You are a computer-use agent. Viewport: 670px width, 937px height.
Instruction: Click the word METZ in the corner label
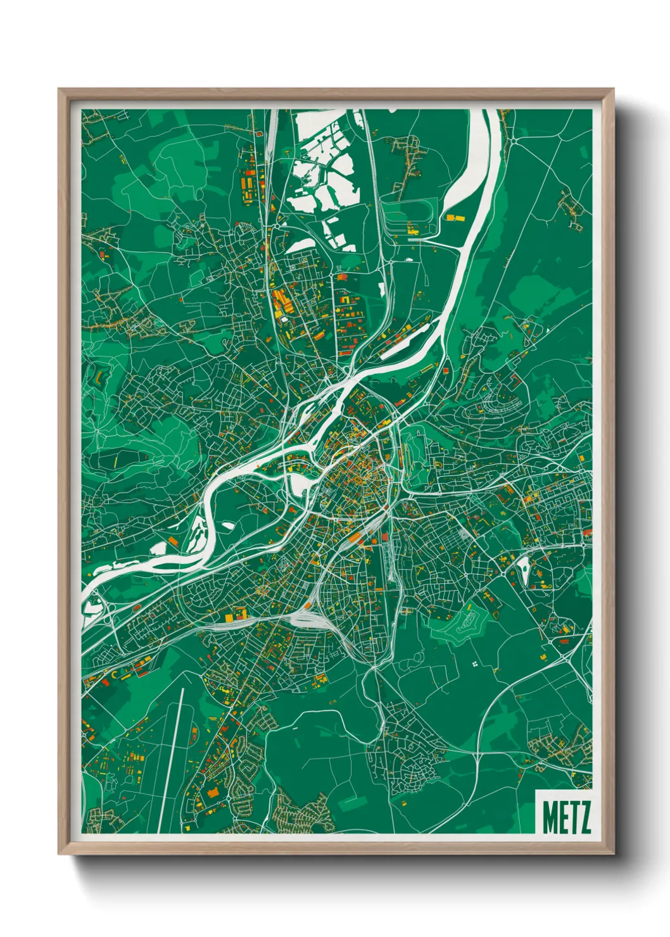pyautogui.click(x=566, y=817)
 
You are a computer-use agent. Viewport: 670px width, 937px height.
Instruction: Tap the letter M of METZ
pyautogui.click(x=549, y=817)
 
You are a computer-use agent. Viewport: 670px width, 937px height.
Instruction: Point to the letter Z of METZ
pyautogui.click(x=585, y=817)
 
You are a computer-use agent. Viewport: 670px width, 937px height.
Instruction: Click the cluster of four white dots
pyautogui.click(x=474, y=664)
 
